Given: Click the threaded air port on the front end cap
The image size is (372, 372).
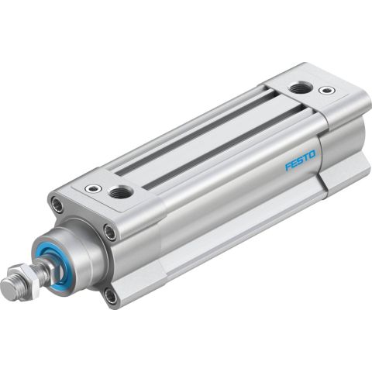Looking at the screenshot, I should pyautogui.click(x=120, y=191).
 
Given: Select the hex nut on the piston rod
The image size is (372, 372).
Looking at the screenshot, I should pyautogui.click(x=33, y=275).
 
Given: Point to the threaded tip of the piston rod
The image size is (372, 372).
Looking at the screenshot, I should pyautogui.click(x=12, y=289).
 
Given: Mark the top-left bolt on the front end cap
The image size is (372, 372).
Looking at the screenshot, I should pyautogui.click(x=56, y=205).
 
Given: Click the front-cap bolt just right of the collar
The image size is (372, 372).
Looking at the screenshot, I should pyautogui.click(x=110, y=232).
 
